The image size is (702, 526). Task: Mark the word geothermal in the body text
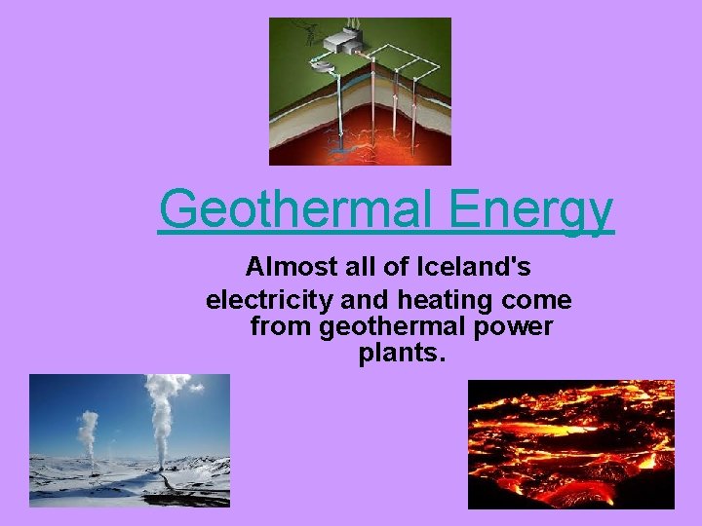[395, 326]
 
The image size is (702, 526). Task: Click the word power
[518, 326]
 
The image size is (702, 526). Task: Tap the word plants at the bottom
[399, 355]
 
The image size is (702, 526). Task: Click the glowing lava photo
[570, 443]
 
